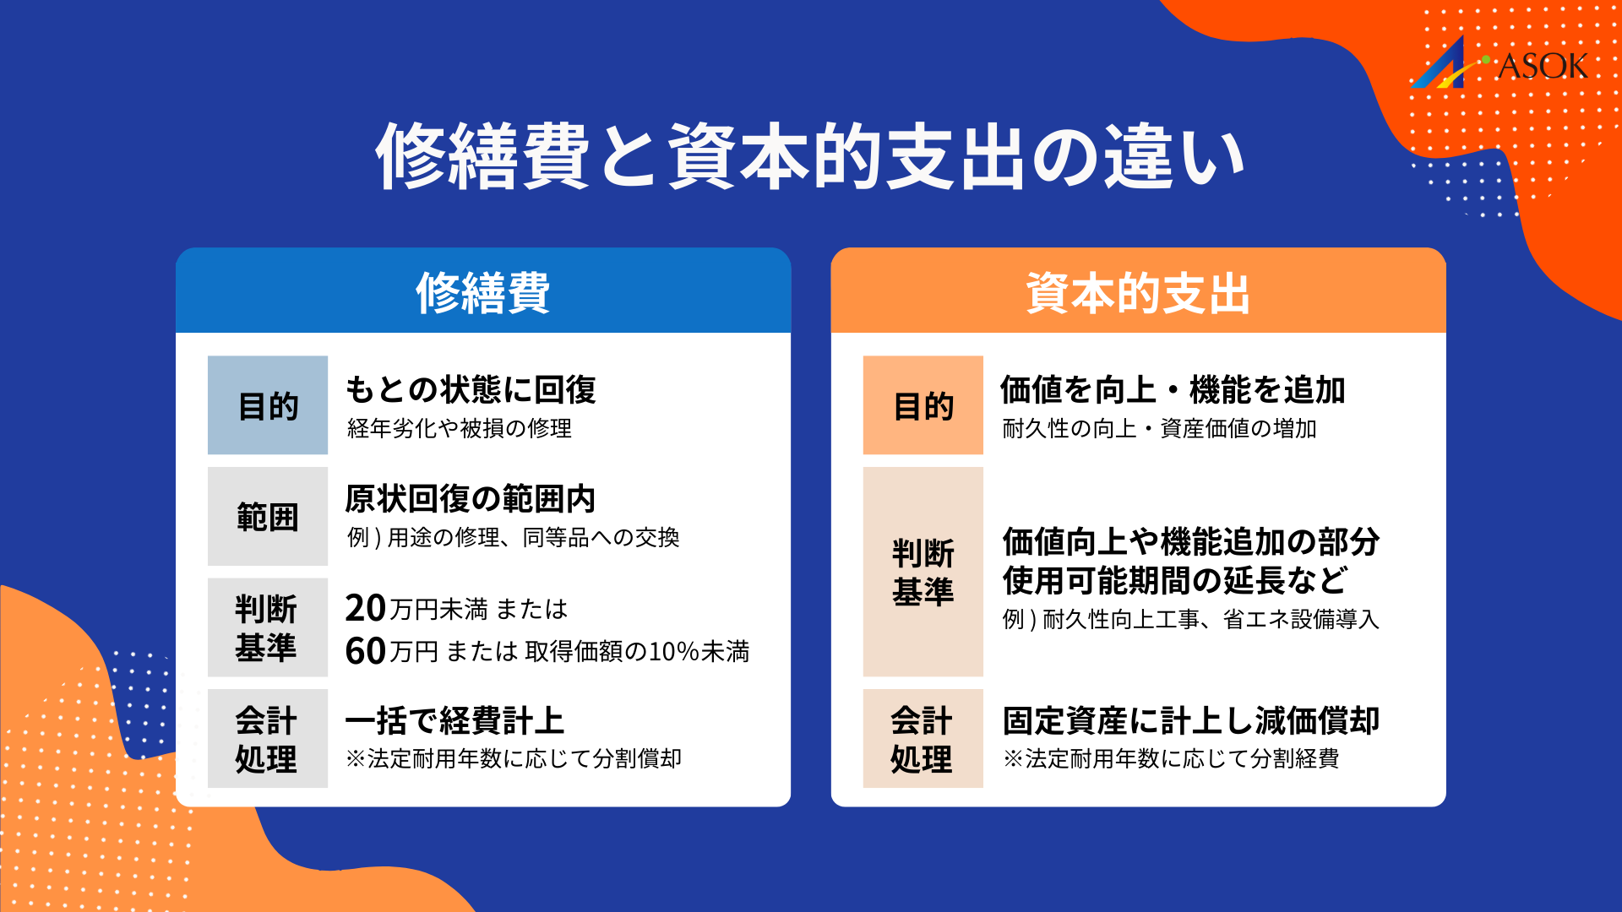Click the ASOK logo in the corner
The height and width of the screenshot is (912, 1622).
(x=1500, y=64)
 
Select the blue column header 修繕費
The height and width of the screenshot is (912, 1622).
(x=482, y=292)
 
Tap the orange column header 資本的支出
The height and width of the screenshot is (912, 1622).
(x=1138, y=292)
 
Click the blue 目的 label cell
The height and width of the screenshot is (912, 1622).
(x=268, y=405)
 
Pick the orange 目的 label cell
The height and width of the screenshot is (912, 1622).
(x=923, y=405)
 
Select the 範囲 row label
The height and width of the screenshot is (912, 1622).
(x=268, y=516)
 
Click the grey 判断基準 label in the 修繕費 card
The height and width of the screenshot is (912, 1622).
(x=267, y=627)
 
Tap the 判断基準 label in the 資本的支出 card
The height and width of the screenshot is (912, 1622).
(x=923, y=572)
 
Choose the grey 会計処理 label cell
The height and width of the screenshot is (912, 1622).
(x=267, y=739)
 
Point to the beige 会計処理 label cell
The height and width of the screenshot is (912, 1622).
(x=923, y=739)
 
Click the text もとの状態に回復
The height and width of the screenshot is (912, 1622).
(x=471, y=389)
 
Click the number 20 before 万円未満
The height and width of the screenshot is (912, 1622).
(x=365, y=608)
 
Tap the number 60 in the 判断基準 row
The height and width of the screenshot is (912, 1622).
(x=365, y=651)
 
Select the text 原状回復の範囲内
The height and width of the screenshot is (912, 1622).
(x=471, y=499)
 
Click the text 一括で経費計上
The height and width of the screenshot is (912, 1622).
(x=454, y=721)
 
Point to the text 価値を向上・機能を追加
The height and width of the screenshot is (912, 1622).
(x=1173, y=389)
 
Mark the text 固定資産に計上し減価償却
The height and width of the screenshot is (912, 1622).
(x=1190, y=721)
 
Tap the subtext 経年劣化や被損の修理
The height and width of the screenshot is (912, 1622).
(x=460, y=429)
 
